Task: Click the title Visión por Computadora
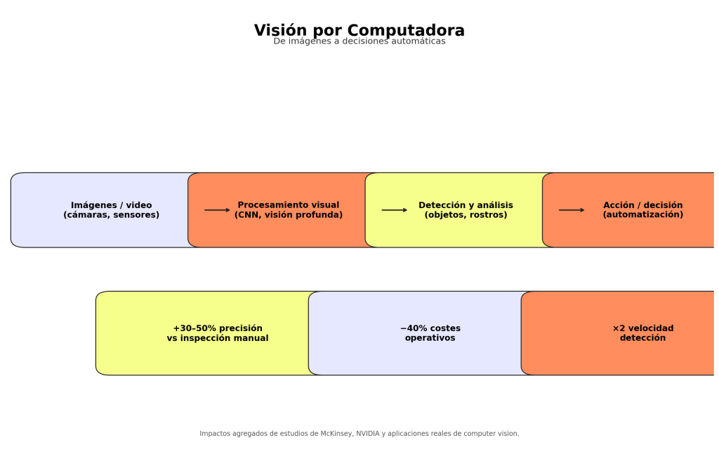[x=359, y=30]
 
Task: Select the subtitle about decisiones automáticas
[x=359, y=41]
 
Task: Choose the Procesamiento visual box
[x=288, y=209]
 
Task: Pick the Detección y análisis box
[x=466, y=209]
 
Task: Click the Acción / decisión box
[x=642, y=209]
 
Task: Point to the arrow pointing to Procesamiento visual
[x=217, y=210]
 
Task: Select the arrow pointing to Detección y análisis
[x=394, y=210]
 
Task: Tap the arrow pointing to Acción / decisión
[x=571, y=210]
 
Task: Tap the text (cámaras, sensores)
[x=112, y=215]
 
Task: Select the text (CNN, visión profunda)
[x=289, y=215]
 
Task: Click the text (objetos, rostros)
[x=466, y=215]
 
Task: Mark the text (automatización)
[x=642, y=215]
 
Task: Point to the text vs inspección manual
[x=218, y=339]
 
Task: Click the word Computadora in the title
[x=406, y=30]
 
